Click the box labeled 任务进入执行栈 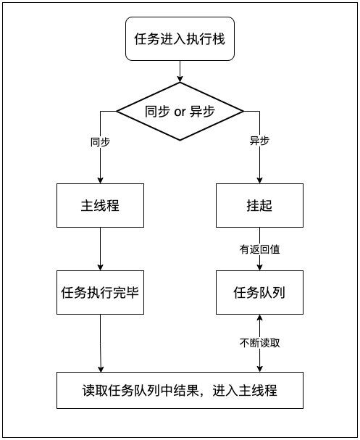tap(180, 39)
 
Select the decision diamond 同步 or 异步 tap(180, 112)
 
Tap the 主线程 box tap(99, 205)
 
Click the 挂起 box tap(259, 205)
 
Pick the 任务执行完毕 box tap(99, 293)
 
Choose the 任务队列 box tap(259, 293)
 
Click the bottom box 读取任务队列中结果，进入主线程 tap(180, 390)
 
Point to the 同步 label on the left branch tap(100, 141)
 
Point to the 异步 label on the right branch tap(259, 141)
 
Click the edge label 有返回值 tap(259, 249)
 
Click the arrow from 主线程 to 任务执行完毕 tap(99, 249)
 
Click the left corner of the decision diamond tap(118, 112)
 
